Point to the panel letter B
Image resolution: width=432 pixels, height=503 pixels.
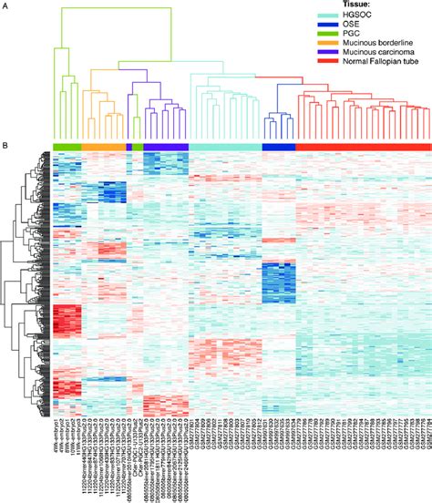(x=5, y=145)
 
